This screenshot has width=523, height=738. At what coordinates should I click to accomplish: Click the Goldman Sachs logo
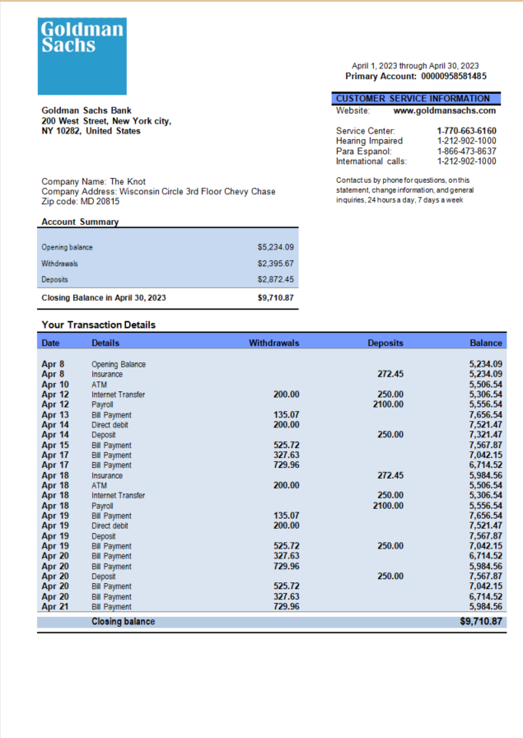coord(82,56)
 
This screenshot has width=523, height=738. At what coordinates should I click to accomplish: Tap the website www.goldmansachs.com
coord(445,110)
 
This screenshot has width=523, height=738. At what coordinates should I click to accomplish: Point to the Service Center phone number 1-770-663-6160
coord(466,131)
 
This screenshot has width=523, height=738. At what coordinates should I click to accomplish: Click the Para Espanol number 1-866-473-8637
coord(466,152)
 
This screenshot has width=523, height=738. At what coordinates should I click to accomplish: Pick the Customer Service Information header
coord(413,98)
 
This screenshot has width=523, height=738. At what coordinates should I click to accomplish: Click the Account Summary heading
coord(80,222)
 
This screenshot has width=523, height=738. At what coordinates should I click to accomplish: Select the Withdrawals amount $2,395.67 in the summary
coord(275,264)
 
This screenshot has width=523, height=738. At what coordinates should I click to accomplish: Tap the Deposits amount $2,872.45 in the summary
coord(275,280)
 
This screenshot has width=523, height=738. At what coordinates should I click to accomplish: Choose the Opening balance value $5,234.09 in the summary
coord(275,247)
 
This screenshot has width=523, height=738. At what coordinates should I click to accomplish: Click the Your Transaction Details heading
coord(98,325)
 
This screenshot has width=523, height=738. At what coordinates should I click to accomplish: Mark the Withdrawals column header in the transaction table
coord(273,343)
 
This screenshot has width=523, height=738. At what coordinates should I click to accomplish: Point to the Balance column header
coord(486,343)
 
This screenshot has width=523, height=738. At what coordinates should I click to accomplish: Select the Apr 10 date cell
coord(55,385)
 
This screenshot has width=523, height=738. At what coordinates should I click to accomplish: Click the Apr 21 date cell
coord(55,607)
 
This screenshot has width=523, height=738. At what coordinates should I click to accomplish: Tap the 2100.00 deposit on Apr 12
coord(388,404)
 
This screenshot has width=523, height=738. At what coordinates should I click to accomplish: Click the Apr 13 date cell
coord(55,415)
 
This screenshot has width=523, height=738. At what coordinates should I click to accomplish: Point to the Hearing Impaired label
coord(369,141)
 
